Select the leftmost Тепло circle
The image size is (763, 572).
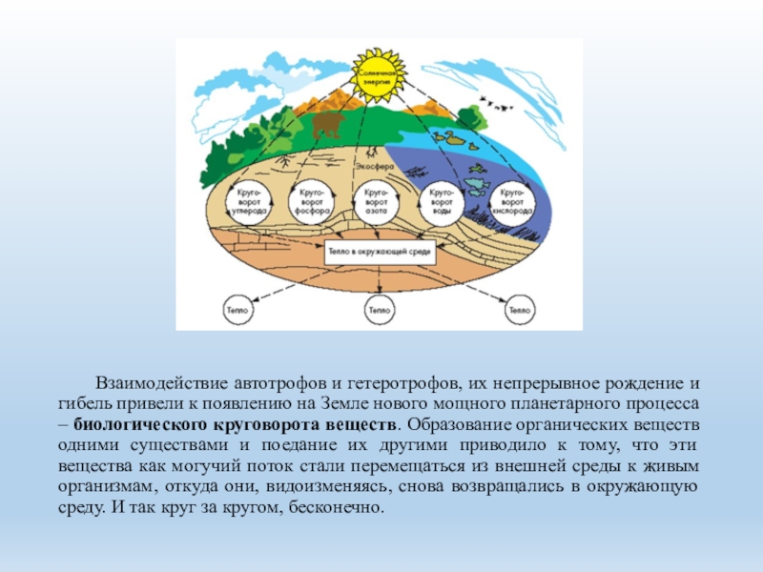coord(238,310)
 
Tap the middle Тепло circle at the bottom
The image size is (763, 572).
coord(379,310)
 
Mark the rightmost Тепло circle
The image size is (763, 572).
coord(519,310)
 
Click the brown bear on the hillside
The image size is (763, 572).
coord(326,125)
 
